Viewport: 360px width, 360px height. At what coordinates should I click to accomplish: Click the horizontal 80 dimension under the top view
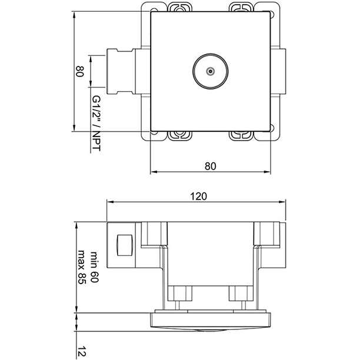(211, 166)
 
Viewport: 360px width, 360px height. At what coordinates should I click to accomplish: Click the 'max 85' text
(82, 269)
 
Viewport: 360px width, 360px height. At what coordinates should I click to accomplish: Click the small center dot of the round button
(210, 72)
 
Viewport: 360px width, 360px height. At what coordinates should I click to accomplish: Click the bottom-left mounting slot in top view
(179, 136)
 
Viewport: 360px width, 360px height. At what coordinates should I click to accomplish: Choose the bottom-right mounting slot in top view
(241, 136)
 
